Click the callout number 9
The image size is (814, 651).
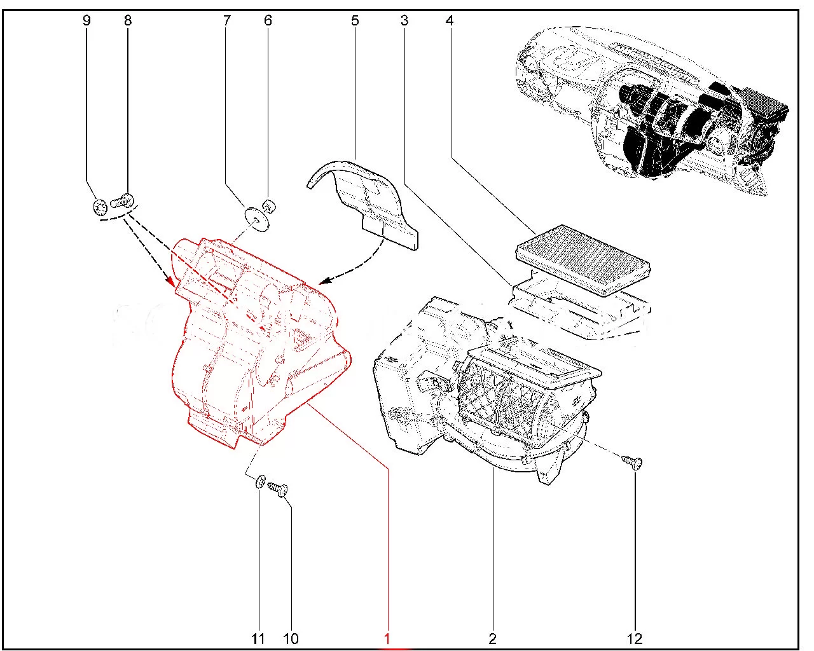tap(86, 20)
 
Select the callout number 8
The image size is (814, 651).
tap(128, 20)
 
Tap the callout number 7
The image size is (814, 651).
tap(226, 20)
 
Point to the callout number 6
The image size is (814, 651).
tap(268, 20)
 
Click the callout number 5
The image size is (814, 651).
tap(355, 20)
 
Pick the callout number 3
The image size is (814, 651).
tap(404, 20)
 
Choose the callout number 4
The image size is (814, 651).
tap(450, 20)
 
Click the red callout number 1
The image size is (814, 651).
tap(387, 638)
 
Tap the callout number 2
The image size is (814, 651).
tap(492, 638)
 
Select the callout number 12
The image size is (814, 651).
tap(635, 638)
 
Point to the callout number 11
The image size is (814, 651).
tap(258, 638)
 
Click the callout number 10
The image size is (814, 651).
tap(291, 638)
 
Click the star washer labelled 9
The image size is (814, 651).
tap(100, 208)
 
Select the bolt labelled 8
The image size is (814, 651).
tap(122, 201)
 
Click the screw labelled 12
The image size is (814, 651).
tap(632, 462)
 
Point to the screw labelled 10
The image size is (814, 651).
tap(278, 489)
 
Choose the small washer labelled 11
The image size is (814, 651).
tap(260, 481)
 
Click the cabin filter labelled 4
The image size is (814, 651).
tap(583, 259)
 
